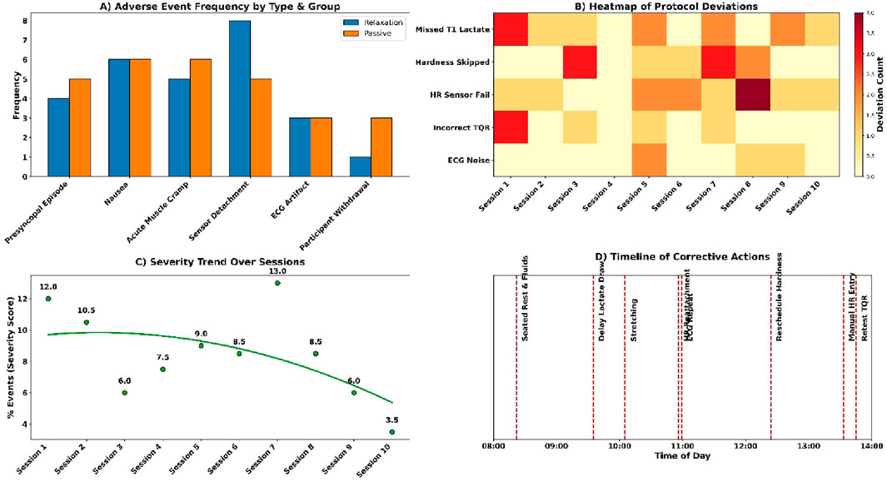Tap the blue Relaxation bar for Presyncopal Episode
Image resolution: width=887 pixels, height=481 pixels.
pos(58,136)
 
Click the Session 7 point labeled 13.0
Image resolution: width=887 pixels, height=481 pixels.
pos(277,283)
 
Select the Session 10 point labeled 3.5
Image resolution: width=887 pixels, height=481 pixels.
pos(391,432)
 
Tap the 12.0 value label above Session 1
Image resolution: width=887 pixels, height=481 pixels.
pos(48,287)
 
